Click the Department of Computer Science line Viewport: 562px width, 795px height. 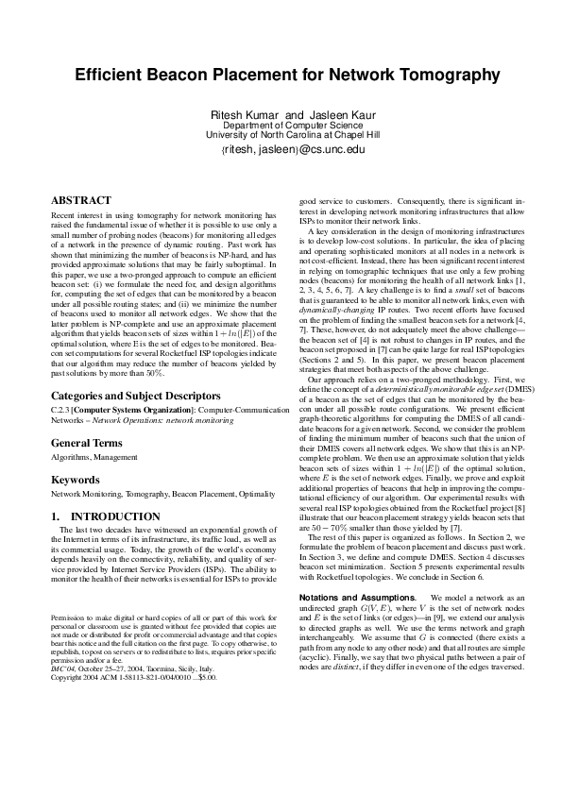(281, 125)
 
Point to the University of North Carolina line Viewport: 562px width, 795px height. (281, 135)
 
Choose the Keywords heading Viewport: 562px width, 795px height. (76, 479)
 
